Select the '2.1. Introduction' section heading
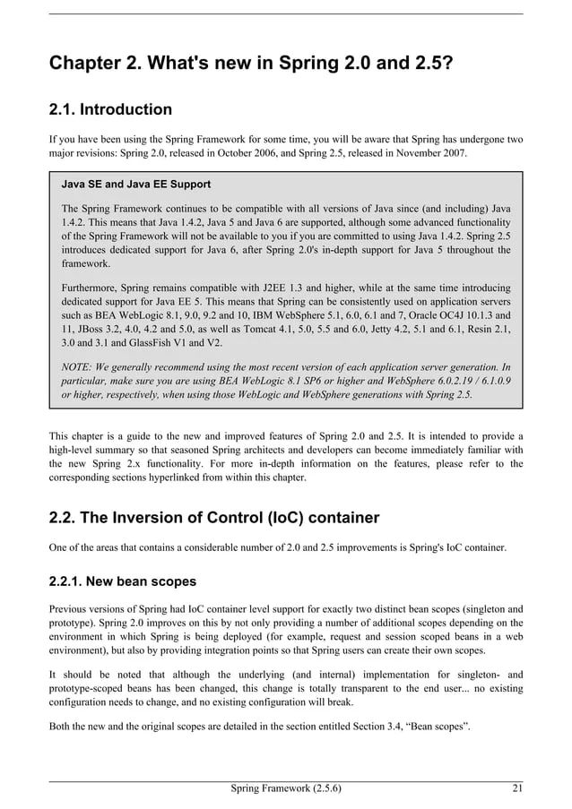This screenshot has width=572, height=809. pyautogui.click(x=110, y=110)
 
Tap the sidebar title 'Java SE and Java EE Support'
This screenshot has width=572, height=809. pyautogui.click(x=136, y=185)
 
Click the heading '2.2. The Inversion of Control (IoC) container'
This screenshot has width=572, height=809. pyautogui.click(x=214, y=518)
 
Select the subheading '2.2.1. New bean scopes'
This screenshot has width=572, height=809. pyautogui.click(x=117, y=582)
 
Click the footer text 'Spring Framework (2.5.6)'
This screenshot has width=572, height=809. pyautogui.click(x=286, y=788)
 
